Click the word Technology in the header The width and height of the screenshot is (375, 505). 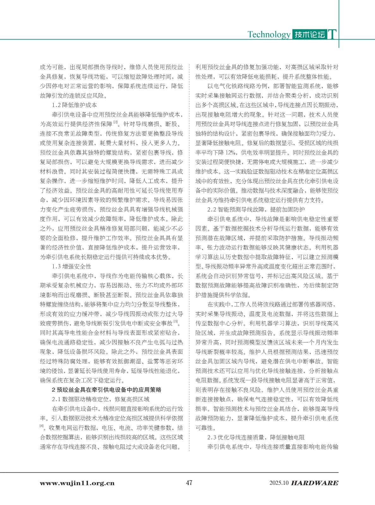click(269, 34)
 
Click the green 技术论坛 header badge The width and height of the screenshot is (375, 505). click(309, 34)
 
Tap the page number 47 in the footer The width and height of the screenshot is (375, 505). click(189, 483)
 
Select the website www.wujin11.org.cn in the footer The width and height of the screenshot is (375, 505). click(77, 483)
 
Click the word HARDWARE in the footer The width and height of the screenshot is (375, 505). click(315, 483)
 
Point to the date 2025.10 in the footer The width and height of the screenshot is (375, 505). click(279, 483)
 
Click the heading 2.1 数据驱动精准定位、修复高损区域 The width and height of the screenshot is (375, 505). click(101, 399)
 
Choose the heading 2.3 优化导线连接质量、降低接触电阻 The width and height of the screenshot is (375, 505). click(256, 437)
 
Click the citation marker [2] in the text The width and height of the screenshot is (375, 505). click(116, 122)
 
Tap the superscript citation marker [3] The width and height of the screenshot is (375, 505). click(176, 322)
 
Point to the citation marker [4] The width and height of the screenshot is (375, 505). click(42, 426)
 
